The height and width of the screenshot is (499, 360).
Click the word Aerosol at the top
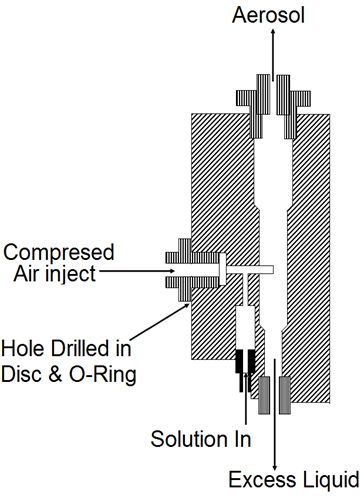tap(268, 15)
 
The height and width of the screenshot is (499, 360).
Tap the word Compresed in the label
tap(59, 252)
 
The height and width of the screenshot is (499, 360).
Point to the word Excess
tap(262, 480)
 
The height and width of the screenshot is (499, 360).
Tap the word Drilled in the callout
tap(80, 348)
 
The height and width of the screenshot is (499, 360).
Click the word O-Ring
tap(103, 375)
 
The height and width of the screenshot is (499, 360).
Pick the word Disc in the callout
tap(22, 374)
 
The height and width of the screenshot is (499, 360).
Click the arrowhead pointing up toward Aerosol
tap(273, 32)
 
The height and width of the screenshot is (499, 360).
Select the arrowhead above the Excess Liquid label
tap(275, 466)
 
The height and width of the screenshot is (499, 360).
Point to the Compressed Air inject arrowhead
tap(171, 271)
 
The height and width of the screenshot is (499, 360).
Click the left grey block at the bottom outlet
tap(264, 395)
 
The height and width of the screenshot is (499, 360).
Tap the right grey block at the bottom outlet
tap(285, 395)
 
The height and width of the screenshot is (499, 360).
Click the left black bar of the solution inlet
tap(240, 370)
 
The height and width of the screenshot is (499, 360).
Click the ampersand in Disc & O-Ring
tap(56, 374)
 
